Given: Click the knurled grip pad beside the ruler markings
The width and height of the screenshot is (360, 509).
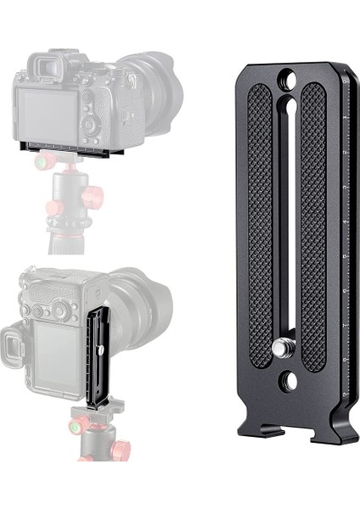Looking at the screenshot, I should pos(313,225).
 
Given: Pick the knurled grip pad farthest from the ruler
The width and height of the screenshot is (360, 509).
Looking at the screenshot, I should pos(261,225).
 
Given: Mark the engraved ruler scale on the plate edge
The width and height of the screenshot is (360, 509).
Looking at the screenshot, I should pos(346,238).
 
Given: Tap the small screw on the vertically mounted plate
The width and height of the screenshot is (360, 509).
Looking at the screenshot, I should pos(101,349).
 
